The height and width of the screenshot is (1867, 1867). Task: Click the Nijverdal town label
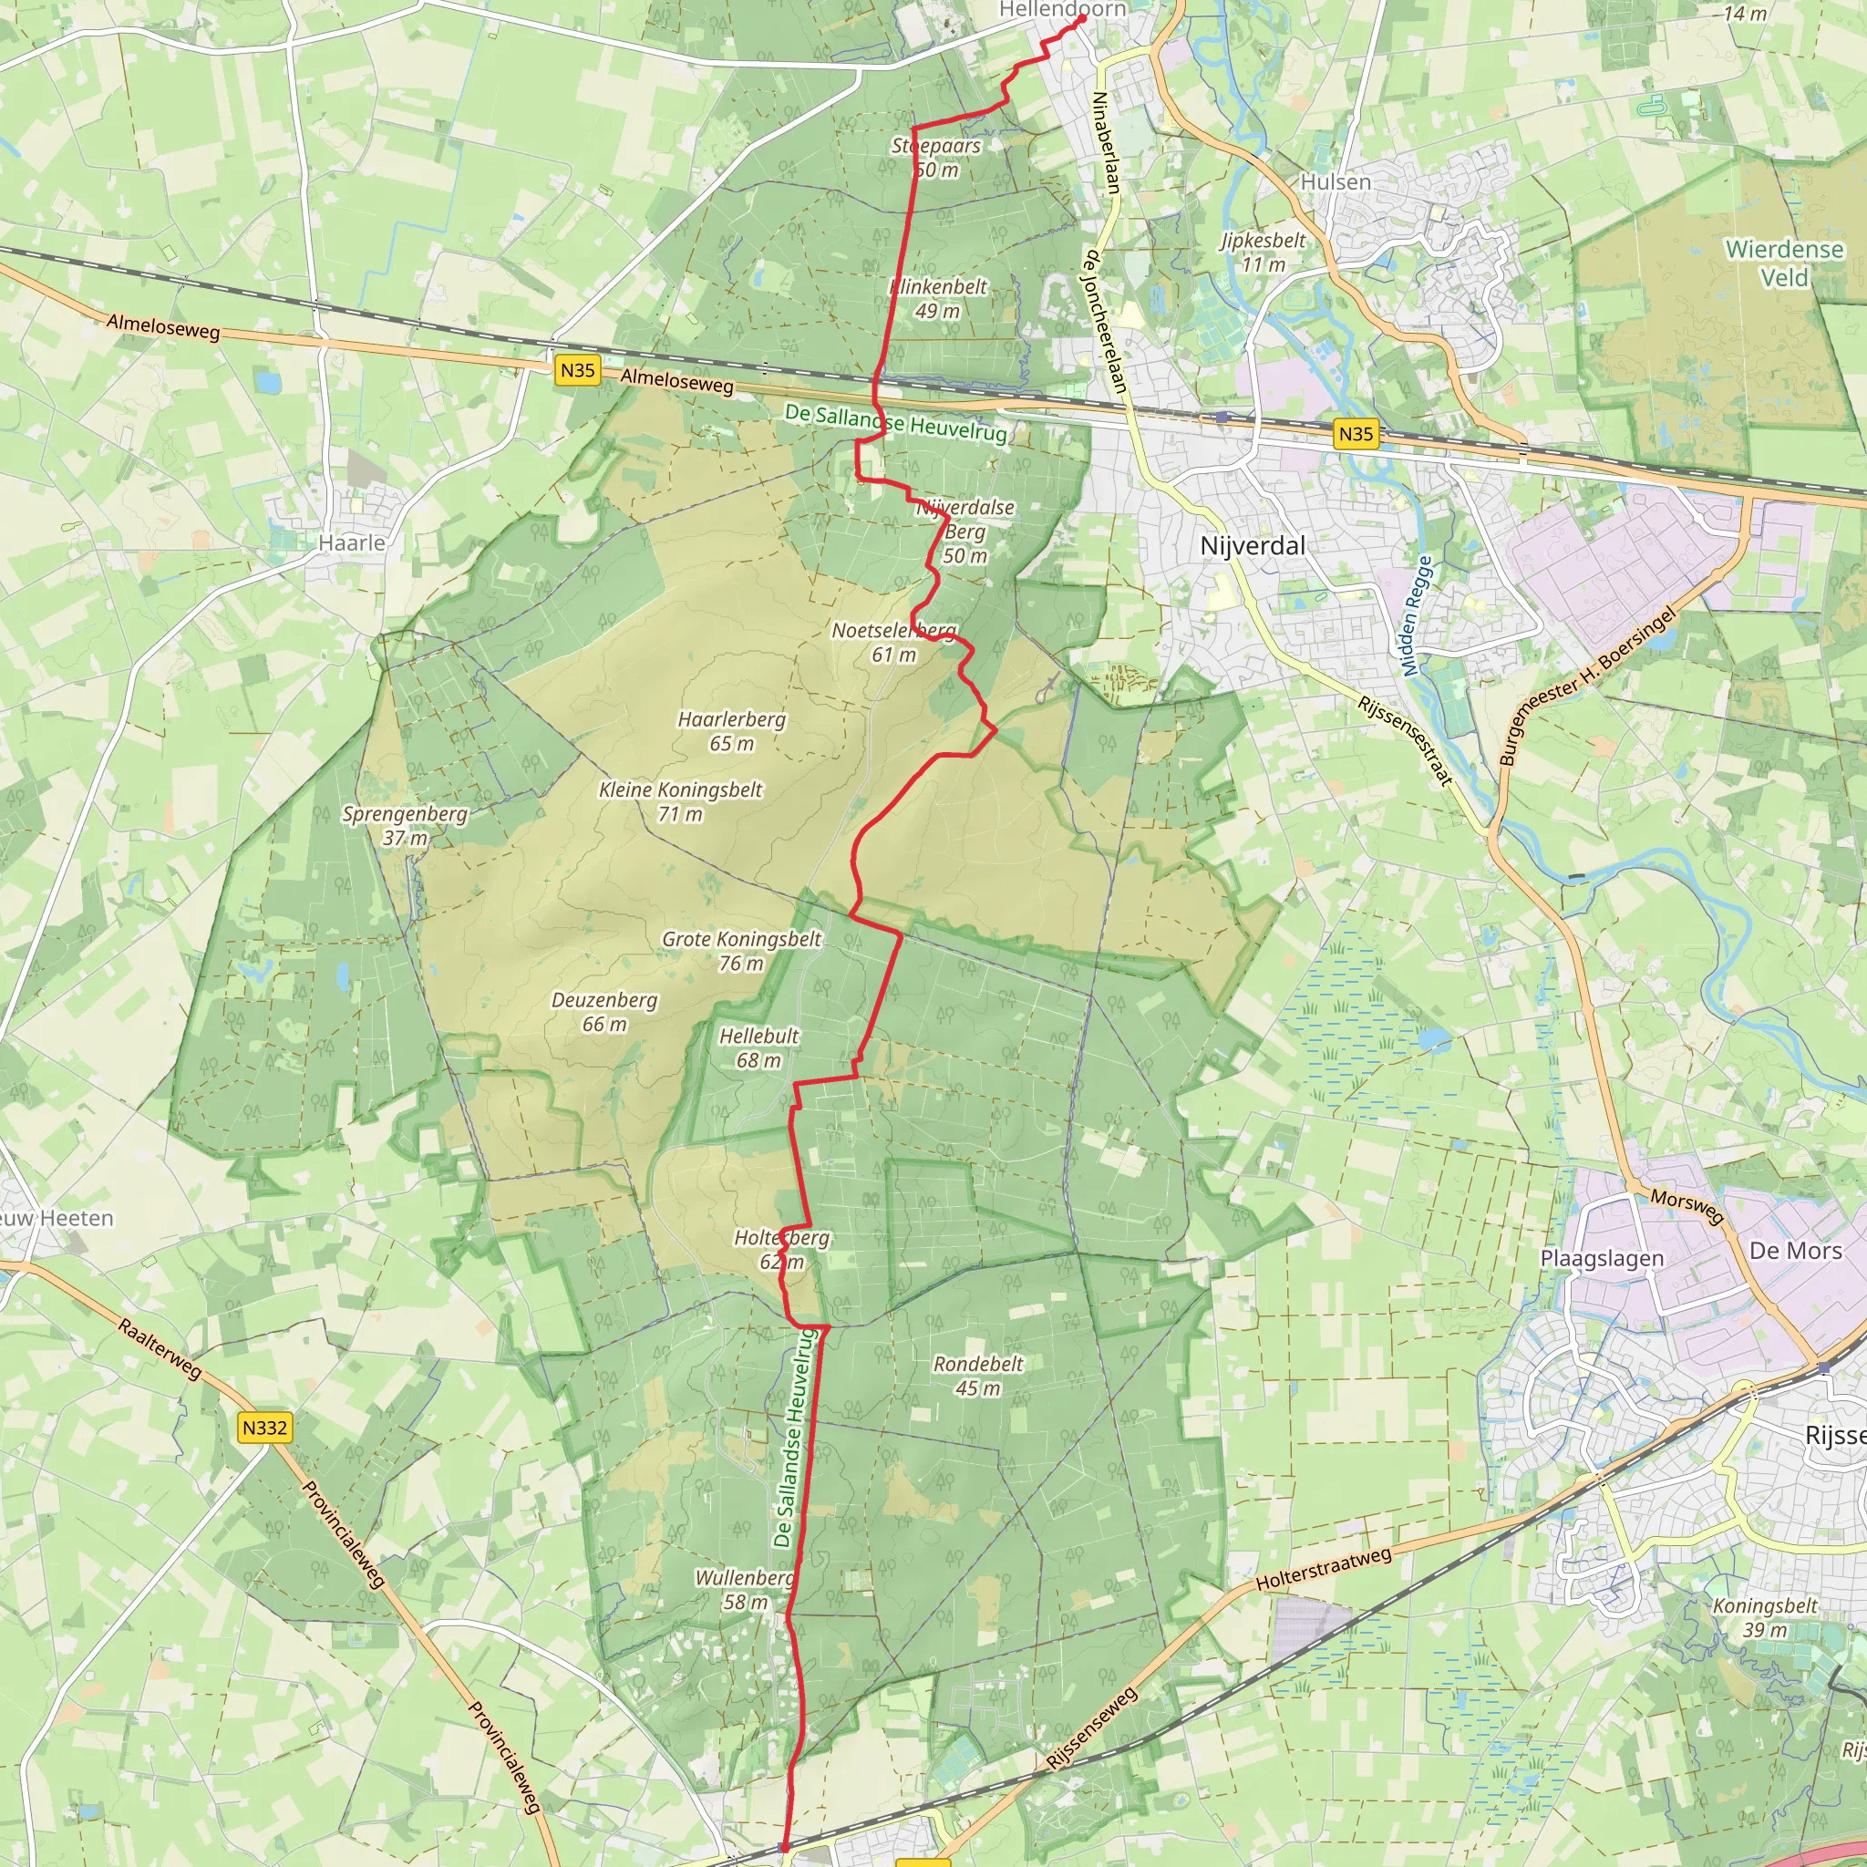1252,546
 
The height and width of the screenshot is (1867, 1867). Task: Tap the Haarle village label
352,543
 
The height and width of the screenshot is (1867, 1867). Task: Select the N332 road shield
264,1428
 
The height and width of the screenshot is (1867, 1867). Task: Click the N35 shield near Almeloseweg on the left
578,370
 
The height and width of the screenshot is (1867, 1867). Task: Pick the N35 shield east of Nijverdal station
1355,434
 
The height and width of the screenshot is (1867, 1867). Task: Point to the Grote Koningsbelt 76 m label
741,951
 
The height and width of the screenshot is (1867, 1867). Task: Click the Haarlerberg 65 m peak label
731,731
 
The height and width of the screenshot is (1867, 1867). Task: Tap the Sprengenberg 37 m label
405,826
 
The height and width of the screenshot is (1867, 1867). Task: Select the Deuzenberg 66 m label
604,1012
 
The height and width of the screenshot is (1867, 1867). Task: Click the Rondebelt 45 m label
978,1375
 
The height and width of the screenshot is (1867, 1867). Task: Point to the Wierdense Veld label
1784,263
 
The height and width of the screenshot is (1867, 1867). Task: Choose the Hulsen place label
1336,181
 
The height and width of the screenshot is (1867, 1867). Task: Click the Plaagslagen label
1603,1258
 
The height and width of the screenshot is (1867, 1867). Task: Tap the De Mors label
1796,1251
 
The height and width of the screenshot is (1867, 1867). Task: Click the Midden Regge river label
1417,615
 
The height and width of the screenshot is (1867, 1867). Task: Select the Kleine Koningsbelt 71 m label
680,802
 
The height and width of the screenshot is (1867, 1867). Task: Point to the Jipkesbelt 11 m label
1263,253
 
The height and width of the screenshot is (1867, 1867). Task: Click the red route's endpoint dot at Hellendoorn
1081,18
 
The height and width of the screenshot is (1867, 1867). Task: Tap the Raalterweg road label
160,1348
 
